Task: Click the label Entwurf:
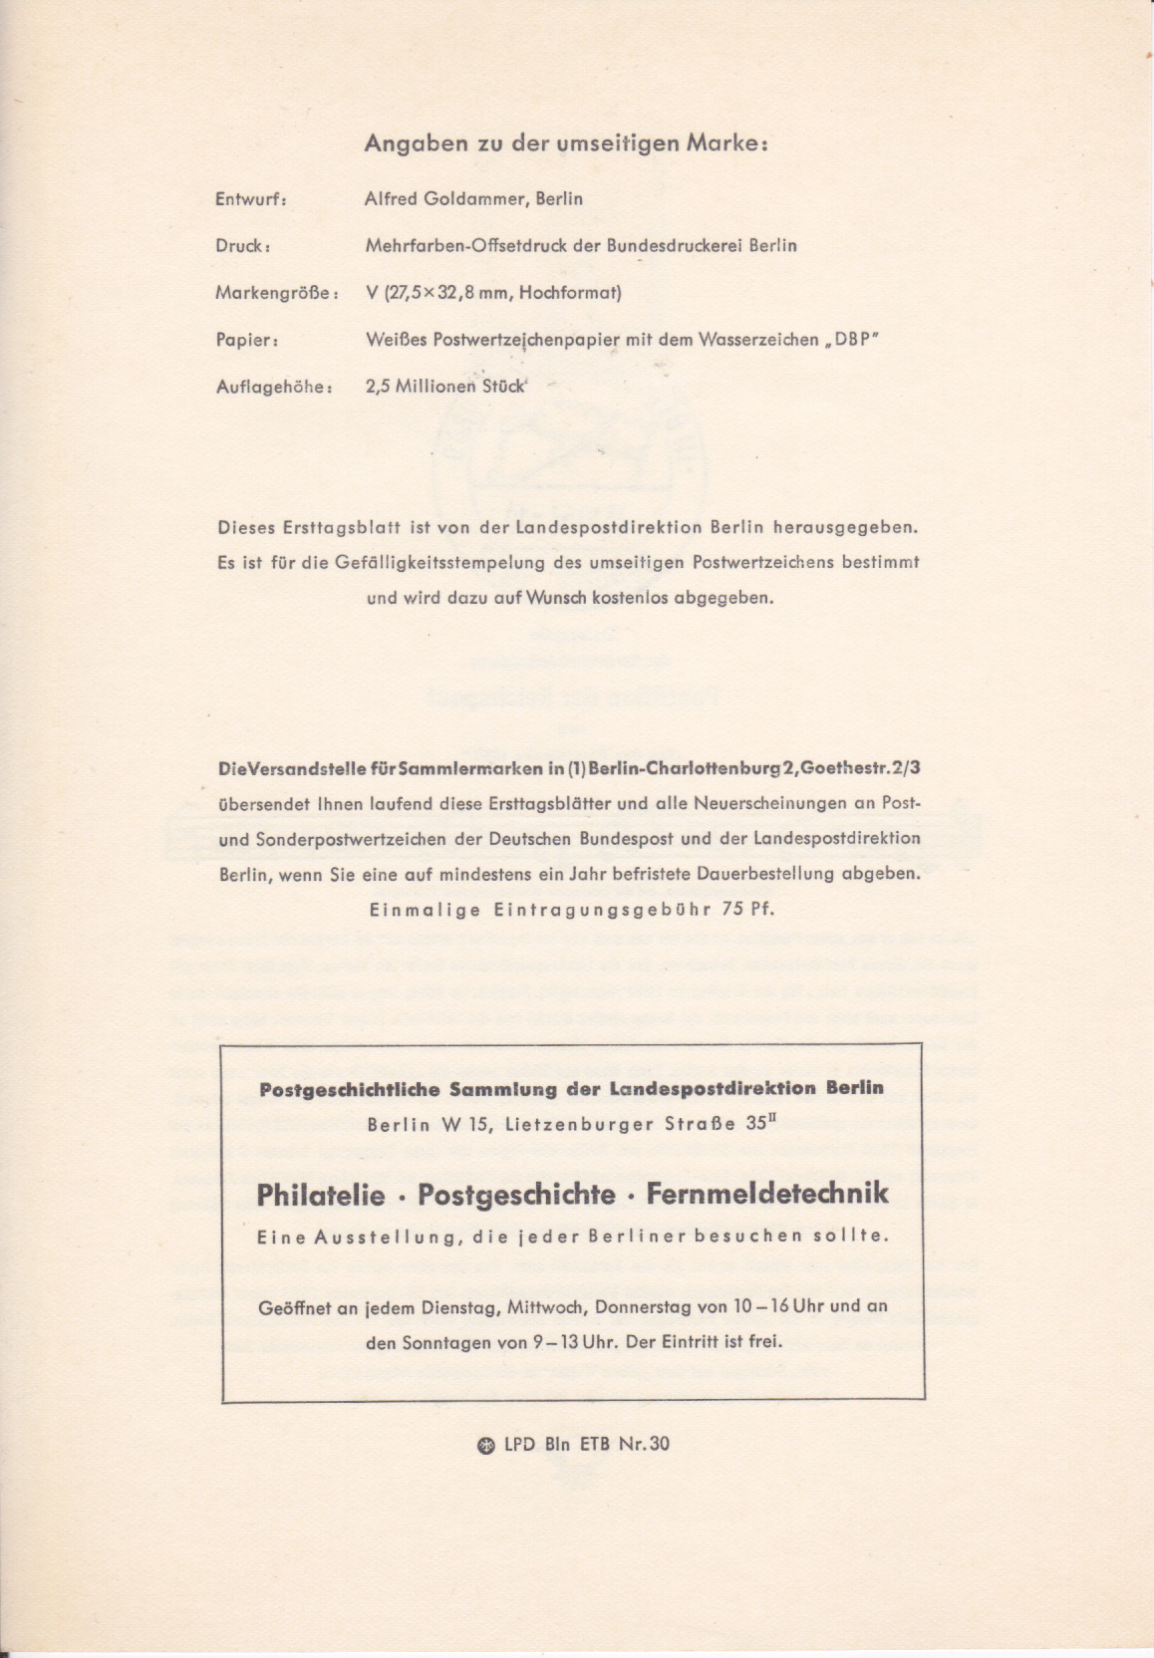pos(251,199)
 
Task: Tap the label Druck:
pos(244,246)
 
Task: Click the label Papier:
pos(246,340)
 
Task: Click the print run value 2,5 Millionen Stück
pos(444,387)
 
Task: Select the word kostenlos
pos(623,599)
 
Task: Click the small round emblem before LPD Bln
pos(487,1445)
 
